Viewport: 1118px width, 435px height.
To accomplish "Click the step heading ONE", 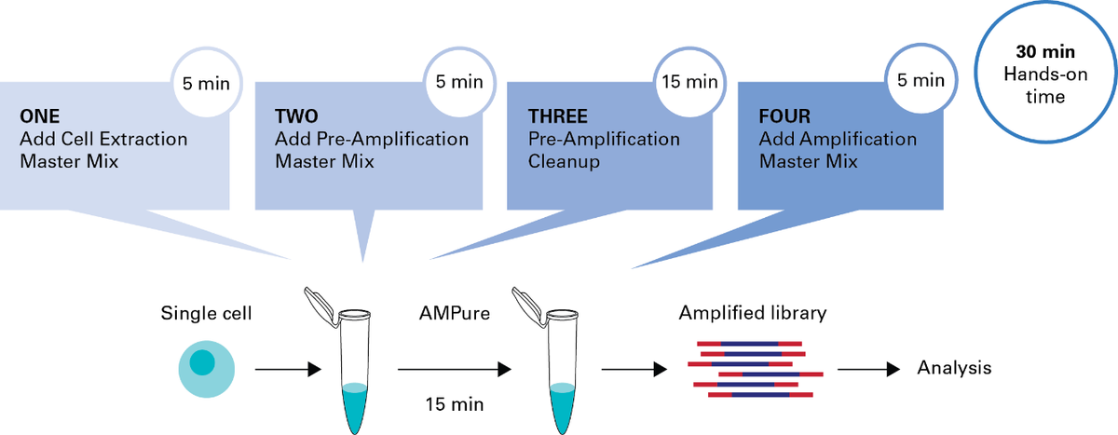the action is coord(40,116).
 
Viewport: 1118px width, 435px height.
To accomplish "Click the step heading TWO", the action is coord(296,116).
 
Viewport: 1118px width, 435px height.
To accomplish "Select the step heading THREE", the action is coord(558,116).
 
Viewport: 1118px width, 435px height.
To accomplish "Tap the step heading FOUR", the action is coord(784,116).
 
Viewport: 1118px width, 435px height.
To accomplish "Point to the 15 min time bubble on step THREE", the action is coord(689,82).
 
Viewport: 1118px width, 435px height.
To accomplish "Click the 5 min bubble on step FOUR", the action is coord(920,80).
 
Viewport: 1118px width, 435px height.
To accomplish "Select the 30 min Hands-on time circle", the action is coord(1045,73).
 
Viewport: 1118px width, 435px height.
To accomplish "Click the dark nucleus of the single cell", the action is coord(202,362).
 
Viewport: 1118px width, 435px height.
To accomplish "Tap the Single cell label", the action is coord(206,313).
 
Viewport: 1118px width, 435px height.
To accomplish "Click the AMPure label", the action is coord(455,313).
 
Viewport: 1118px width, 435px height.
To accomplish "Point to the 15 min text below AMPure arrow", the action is coord(455,404).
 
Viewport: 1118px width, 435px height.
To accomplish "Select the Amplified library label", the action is coord(753,313).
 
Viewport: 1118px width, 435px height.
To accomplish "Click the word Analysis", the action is coord(954,368).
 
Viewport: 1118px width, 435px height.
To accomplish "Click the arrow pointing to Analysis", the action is coord(868,369).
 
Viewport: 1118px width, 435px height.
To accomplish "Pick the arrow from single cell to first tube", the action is coord(288,369).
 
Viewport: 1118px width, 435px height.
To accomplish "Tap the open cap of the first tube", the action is coord(320,306).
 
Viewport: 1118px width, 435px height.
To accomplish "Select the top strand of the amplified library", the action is coord(749,344).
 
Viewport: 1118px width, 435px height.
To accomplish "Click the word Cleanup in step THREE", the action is coord(564,162).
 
